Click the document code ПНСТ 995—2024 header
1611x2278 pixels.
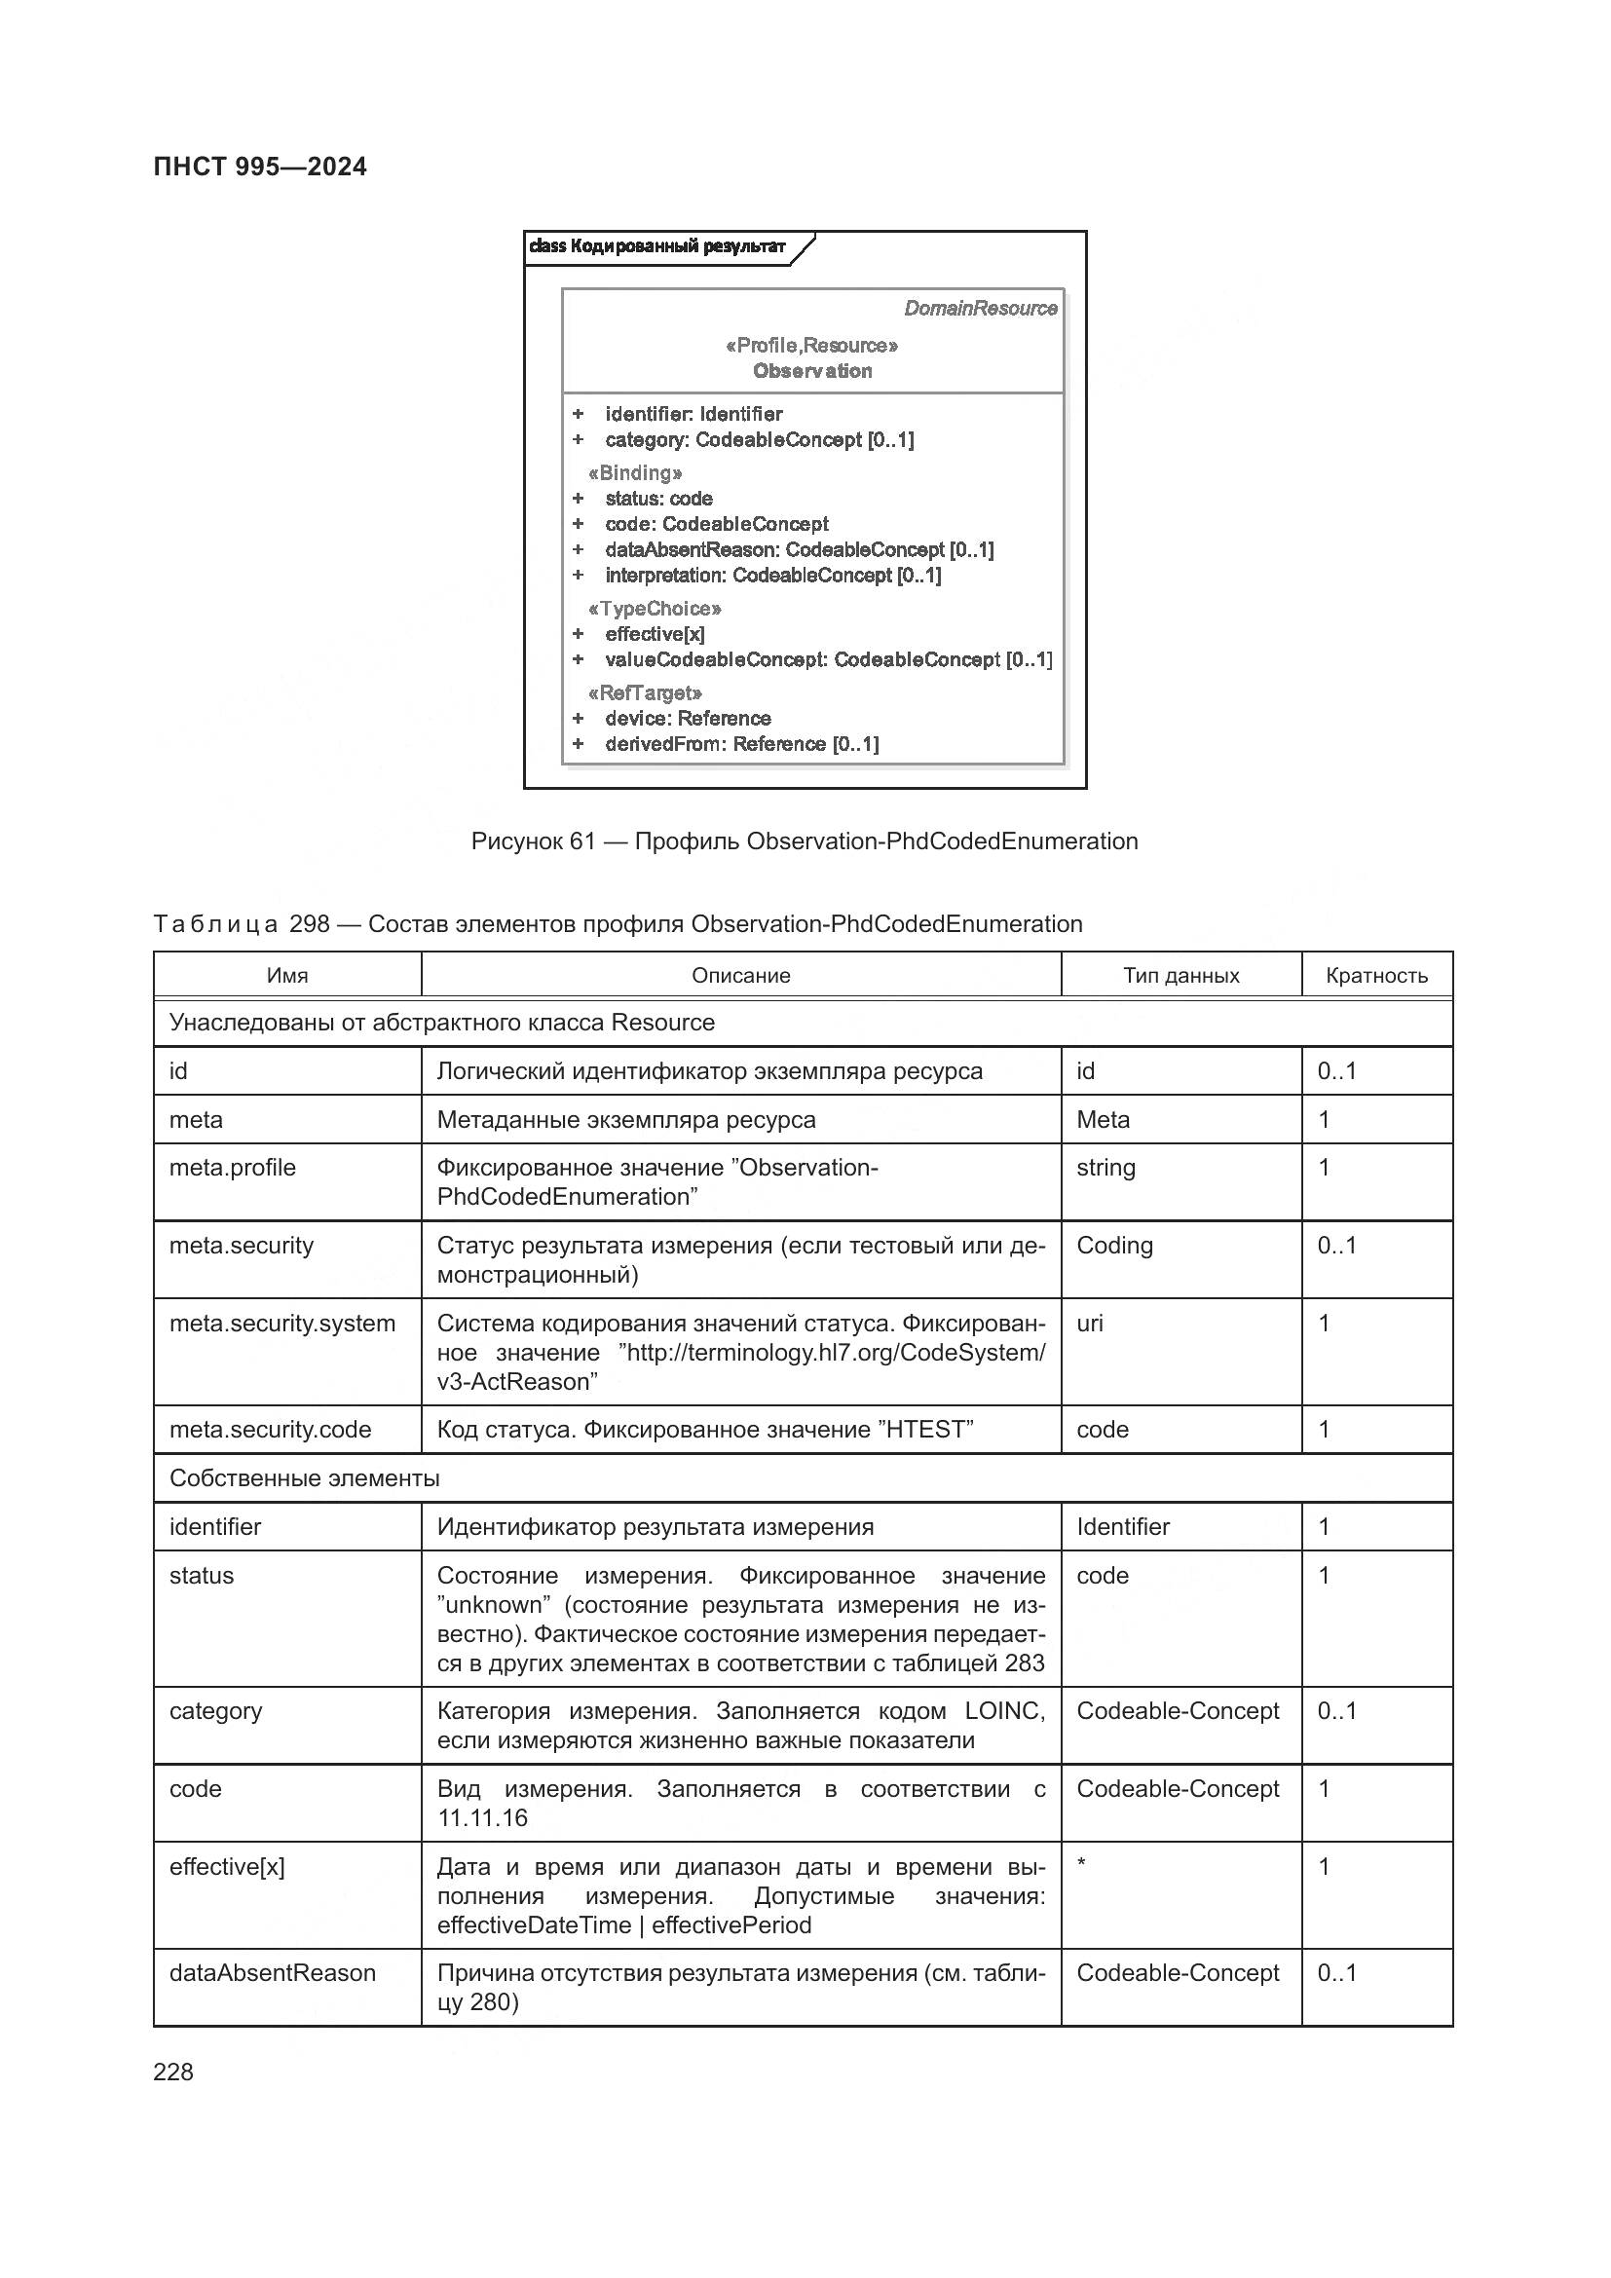(260, 167)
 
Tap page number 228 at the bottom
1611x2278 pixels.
(173, 2072)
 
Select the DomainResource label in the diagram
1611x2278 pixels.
(979, 309)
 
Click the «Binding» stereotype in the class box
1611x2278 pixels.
(635, 473)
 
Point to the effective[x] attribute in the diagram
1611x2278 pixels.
(655, 634)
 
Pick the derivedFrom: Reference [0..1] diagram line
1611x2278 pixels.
(741, 744)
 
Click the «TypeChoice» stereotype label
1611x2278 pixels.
(655, 609)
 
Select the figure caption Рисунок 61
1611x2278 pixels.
(804, 841)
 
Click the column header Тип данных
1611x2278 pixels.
(1180, 975)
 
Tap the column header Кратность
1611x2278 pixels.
(1376, 975)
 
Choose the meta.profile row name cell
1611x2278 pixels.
(232, 1168)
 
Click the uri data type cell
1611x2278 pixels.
(1089, 1324)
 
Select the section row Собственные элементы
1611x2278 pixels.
(305, 1478)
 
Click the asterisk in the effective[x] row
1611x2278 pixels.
(1081, 1863)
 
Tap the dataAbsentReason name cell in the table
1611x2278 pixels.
(272, 1973)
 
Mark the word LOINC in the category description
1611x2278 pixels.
(1004, 1711)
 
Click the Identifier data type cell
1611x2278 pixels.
(1122, 1527)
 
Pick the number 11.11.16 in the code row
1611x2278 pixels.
(482, 1817)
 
